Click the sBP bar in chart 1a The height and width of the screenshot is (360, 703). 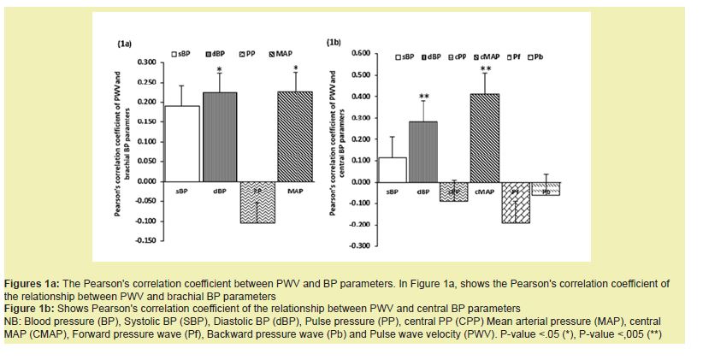coord(181,144)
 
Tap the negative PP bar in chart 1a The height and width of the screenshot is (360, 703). coord(257,203)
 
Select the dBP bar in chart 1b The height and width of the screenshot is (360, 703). coord(422,151)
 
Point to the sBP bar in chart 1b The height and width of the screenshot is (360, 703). coord(392,169)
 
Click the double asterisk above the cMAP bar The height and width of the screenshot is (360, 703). coord(485,69)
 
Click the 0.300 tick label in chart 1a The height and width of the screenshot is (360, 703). coord(146,62)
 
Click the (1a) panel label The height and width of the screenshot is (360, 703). coord(124,42)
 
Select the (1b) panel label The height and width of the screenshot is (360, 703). coord(334,41)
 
